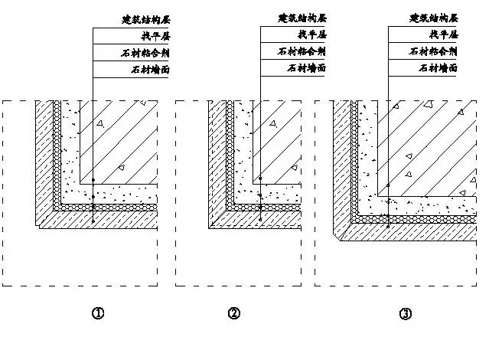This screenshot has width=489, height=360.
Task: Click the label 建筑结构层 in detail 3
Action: (435, 18)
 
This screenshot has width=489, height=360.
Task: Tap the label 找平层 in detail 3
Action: (443, 35)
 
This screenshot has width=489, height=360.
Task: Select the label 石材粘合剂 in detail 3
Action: (435, 53)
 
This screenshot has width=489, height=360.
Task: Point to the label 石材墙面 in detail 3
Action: (439, 70)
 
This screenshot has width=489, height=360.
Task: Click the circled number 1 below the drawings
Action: (98, 313)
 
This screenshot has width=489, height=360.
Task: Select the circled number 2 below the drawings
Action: (234, 313)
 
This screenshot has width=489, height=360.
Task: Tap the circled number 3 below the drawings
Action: (406, 313)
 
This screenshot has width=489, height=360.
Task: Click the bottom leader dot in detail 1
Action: (93, 221)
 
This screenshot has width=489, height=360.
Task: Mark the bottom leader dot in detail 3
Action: (389, 227)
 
